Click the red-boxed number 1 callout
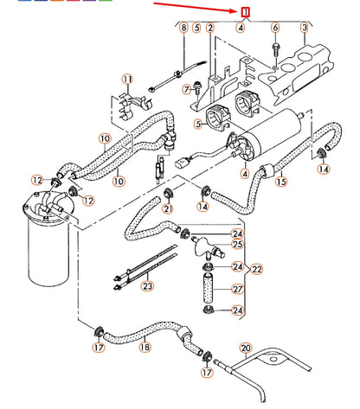(x=247, y=12)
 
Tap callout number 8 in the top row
(x=183, y=29)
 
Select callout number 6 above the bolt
(x=275, y=29)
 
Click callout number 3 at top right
(x=305, y=29)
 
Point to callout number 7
(x=188, y=88)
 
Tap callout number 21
(x=167, y=208)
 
